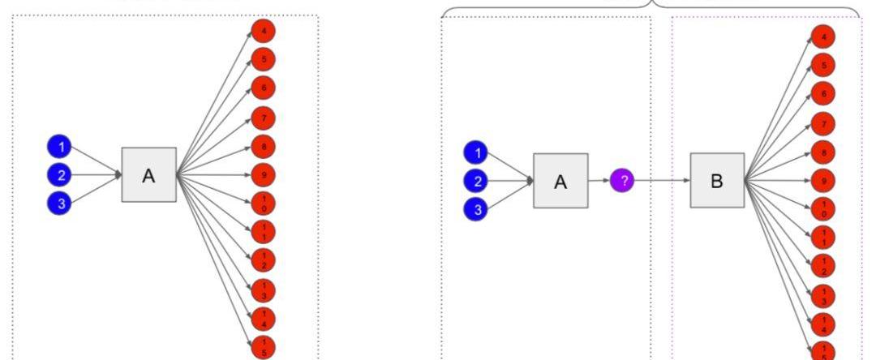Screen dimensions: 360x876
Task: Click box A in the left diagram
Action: coord(148,175)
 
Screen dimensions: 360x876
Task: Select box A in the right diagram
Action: coord(560,181)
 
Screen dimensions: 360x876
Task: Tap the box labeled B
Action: coord(717,180)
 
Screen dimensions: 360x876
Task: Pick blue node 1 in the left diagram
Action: coord(59,147)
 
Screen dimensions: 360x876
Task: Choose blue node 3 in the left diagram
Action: coord(59,204)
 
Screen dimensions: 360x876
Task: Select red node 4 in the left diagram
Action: coord(263,32)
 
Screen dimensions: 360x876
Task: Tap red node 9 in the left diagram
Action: coord(263,174)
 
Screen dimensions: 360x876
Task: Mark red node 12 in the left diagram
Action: coord(263,260)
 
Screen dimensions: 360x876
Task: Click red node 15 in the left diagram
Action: coord(263,346)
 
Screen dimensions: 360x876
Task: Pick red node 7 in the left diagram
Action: coord(263,118)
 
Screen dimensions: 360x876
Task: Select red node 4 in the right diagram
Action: coord(823,37)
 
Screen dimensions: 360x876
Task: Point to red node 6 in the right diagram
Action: coord(823,95)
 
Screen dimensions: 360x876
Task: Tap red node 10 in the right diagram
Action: coord(823,208)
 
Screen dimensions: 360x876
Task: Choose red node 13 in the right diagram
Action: coord(823,295)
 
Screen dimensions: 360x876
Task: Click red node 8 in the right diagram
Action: coord(823,152)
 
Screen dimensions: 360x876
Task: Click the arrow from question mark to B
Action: coord(662,181)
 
